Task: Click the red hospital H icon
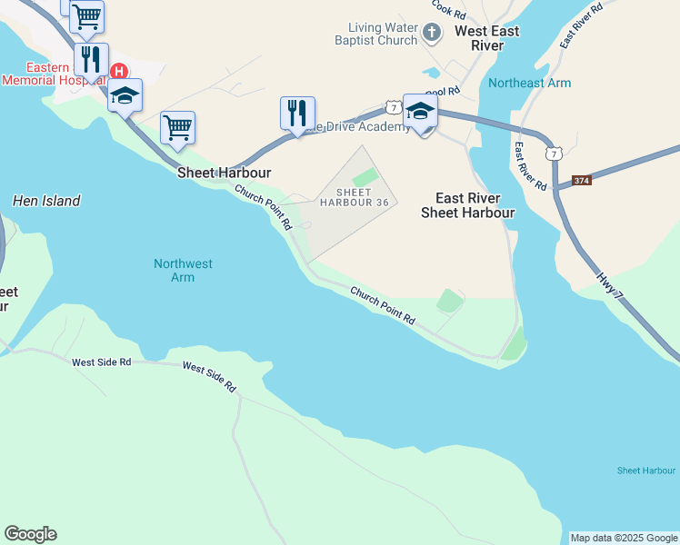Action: pos(118,72)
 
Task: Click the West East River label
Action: pos(486,38)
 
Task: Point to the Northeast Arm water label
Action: pos(529,83)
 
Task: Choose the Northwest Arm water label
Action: pos(183,270)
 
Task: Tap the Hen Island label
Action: pos(46,201)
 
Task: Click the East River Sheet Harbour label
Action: pos(467,205)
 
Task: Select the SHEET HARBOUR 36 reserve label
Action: pos(355,197)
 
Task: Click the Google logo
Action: pos(30,534)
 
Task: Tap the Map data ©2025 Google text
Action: pos(624,538)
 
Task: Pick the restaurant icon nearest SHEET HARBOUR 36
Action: pos(297,114)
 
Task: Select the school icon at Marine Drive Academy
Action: pos(420,112)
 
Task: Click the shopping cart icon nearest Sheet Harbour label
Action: pos(177,127)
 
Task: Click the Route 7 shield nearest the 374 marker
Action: pos(553,154)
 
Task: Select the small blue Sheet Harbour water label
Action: pos(645,471)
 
